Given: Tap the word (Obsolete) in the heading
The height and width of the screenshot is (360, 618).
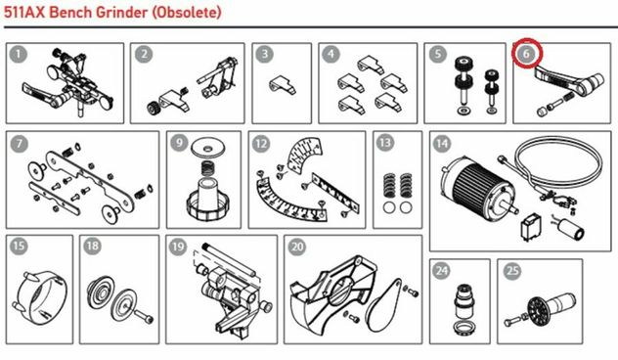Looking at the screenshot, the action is [x=187, y=13].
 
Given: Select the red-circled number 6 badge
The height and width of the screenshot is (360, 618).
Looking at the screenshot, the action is [x=527, y=53].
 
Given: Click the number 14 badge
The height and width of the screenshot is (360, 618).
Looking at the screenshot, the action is [x=442, y=144].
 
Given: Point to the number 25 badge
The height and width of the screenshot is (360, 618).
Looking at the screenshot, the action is [x=512, y=271].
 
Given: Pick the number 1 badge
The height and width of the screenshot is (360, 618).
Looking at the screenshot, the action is [x=19, y=54].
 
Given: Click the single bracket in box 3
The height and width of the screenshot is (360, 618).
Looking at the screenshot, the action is [x=283, y=85].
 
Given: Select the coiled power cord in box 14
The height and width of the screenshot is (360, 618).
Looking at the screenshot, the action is [x=555, y=169].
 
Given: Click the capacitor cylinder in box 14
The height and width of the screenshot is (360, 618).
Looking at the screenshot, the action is [x=571, y=229].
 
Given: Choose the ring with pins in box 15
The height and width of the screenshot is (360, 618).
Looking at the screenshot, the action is [x=41, y=293].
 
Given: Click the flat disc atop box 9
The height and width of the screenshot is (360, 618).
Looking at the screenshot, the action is [x=207, y=149].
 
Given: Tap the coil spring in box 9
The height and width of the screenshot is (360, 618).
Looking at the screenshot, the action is [x=209, y=169].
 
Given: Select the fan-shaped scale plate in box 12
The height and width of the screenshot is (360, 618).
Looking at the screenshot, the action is [x=305, y=155].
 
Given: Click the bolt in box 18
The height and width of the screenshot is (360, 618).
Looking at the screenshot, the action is [x=144, y=316].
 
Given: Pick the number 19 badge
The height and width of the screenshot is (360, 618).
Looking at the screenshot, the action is [x=178, y=247].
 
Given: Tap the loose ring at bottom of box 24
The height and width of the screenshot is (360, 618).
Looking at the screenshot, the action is [x=464, y=327].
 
